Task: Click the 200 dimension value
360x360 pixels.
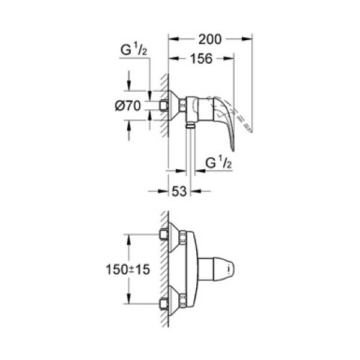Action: [209, 39]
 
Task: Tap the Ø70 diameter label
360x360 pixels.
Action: [127, 106]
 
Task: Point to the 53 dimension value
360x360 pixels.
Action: [178, 191]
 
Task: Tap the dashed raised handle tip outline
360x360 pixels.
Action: [247, 125]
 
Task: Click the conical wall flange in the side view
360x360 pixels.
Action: [173, 106]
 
